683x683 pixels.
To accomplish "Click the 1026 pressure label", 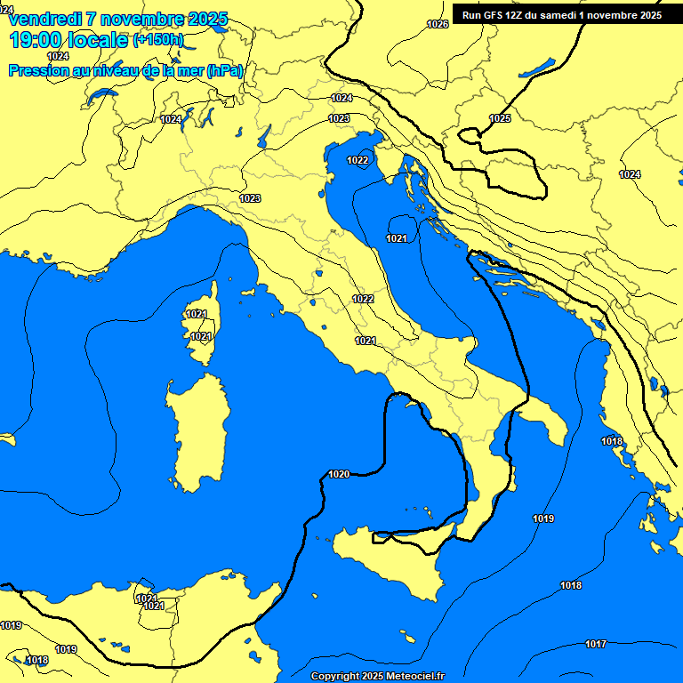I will (438, 24).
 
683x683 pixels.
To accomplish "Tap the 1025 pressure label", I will (500, 118).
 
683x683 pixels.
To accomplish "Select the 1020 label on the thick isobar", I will (339, 474).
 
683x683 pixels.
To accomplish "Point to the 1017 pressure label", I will (596, 644).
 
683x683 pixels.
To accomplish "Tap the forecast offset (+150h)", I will (158, 40).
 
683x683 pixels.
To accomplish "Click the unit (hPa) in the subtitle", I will (224, 71).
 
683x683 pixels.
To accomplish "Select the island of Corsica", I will (203, 325).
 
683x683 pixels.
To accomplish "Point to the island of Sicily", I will (391, 560).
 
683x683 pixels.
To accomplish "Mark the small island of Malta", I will (408, 638).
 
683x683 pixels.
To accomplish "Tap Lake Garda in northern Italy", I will (264, 136).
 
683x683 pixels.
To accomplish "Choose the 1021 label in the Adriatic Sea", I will (397, 238).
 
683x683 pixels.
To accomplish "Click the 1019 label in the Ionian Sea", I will (543, 518).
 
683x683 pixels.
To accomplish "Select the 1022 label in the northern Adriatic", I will (358, 160).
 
